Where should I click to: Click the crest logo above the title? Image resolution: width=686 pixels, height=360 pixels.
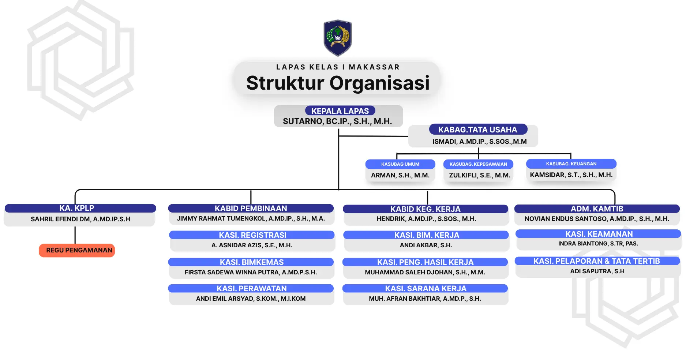338,38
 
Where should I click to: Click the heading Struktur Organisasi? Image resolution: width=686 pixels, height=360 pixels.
338,83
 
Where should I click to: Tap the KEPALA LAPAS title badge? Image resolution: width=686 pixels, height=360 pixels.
340,111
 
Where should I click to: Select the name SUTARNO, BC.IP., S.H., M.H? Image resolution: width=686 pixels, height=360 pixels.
337,121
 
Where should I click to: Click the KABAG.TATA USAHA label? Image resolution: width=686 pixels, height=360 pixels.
477,130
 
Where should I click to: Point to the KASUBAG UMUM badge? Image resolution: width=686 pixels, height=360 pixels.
400,164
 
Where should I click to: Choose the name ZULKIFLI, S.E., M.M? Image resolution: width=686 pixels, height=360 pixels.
479,175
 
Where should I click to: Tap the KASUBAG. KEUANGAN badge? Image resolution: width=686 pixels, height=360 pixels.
571,164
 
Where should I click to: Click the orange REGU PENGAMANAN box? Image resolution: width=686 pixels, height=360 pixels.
77,250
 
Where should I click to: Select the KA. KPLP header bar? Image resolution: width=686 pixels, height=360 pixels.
77,208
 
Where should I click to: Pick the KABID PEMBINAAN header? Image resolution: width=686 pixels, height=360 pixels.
251,208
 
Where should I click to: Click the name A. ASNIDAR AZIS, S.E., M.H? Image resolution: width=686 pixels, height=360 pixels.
252,245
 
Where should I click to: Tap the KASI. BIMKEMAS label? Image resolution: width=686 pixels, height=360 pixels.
252,262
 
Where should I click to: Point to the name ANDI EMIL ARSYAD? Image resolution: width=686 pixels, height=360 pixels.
251,299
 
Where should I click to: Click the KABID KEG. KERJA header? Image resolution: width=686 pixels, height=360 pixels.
425,209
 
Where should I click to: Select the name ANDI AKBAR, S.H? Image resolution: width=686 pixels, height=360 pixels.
426,245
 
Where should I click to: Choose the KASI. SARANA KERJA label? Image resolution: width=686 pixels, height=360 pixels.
426,288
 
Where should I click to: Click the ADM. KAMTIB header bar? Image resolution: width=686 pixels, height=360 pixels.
597,209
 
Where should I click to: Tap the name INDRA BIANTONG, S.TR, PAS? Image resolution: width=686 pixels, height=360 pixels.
598,244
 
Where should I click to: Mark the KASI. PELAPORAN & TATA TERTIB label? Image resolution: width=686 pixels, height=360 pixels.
597,261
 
